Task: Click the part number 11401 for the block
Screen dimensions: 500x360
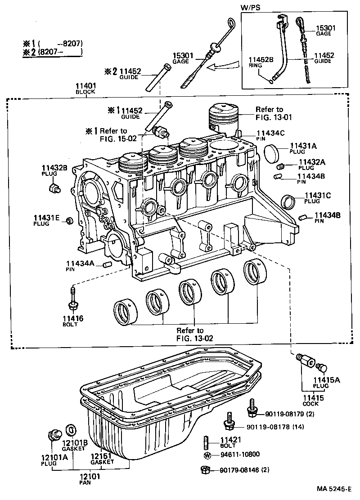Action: click(85, 85)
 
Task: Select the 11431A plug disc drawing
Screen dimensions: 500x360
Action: click(272, 153)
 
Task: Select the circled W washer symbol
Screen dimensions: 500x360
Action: click(207, 455)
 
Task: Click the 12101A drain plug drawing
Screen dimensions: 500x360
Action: click(54, 435)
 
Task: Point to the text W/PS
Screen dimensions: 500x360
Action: click(251, 7)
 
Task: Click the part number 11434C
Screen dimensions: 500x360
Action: click(271, 133)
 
